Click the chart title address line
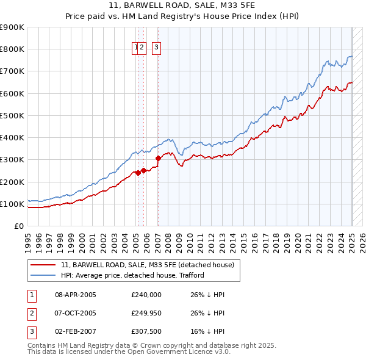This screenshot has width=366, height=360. coord(183,6)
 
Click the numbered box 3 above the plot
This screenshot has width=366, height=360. coord(157,48)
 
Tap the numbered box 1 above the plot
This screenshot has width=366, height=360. coord(135,48)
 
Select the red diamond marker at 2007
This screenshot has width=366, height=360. coord(158,158)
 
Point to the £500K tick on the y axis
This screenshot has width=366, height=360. coord(13,115)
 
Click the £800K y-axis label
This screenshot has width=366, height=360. coord(13,49)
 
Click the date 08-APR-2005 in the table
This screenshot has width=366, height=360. coord(76,295)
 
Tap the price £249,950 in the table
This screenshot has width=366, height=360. coord(146,314)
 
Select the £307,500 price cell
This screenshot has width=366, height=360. coord(146,333)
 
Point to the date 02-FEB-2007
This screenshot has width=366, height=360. coord(76,333)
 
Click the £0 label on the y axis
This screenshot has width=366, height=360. coord(18,226)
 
